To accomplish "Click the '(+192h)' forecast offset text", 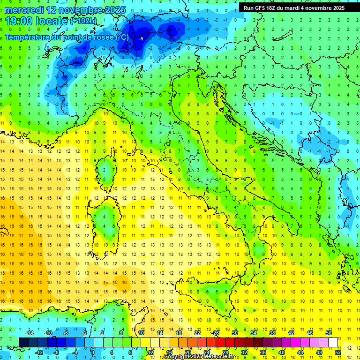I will [83, 21].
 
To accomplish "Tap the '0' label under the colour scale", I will [93, 352].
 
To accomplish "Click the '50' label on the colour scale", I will [329, 333].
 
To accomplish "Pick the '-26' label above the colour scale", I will [216, 333].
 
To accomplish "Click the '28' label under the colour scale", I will [225, 352].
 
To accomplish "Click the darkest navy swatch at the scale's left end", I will [24, 343].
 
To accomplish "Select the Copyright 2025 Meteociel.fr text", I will [199, 357].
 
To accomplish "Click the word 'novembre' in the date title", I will [80, 10].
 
